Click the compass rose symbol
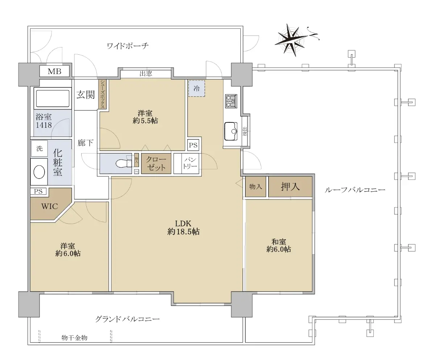point(291,40)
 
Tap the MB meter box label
point(55,71)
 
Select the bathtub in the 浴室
point(53,98)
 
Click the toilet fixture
point(124,164)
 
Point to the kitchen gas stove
point(231,101)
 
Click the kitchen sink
point(231,131)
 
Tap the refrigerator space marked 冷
point(196,88)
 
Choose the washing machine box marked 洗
point(40,148)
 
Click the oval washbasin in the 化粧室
point(39,172)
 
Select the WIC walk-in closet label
point(50,206)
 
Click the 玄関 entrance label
point(86,95)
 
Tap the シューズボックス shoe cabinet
point(103,94)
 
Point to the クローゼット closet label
point(156,163)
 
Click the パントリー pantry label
point(190,163)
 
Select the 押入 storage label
point(290,187)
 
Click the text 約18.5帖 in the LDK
point(183,231)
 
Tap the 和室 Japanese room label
point(279,242)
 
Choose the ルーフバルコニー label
point(355,190)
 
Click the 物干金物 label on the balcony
point(74,338)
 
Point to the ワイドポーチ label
point(128,46)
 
